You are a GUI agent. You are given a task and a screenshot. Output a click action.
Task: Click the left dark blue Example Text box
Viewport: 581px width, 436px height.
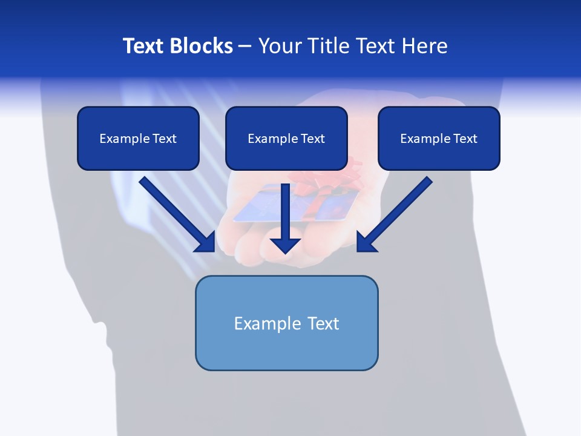[138, 138]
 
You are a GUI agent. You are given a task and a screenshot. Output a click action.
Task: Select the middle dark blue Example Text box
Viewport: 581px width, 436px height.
[286, 138]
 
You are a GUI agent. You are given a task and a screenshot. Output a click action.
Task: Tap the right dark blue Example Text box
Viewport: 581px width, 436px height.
[439, 138]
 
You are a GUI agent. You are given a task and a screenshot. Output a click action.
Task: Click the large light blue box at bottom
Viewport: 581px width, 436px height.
[286, 323]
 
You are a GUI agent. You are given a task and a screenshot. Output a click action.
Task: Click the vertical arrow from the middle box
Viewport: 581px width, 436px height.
[285, 215]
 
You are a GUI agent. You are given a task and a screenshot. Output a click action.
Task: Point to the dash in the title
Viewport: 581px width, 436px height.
[245, 46]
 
